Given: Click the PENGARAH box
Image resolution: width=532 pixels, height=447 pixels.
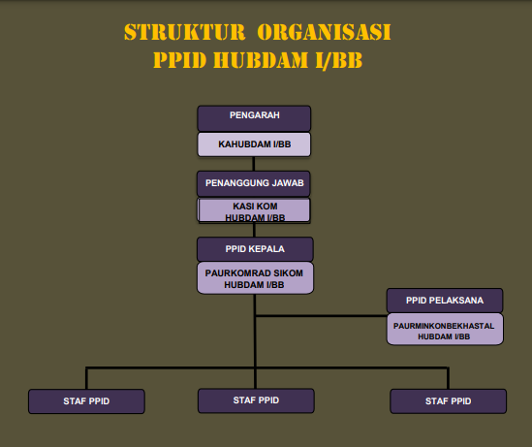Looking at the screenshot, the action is tap(254, 118).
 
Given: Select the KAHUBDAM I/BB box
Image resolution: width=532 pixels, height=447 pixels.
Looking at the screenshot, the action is tap(254, 144).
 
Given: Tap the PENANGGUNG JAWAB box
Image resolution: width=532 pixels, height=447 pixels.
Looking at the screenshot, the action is tap(254, 183).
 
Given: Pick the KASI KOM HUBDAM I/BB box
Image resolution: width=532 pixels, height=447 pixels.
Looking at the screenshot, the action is tap(254, 210).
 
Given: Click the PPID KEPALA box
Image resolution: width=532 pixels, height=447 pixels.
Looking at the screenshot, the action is tap(255, 249).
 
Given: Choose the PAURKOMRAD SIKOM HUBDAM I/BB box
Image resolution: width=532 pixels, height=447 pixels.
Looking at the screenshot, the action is tap(255, 278).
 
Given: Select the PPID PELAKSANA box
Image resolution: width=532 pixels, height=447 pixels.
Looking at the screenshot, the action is tap(445, 301).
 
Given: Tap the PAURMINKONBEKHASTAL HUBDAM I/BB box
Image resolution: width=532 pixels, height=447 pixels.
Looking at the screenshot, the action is tap(445, 330).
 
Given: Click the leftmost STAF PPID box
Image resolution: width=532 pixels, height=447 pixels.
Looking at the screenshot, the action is tap(86, 401).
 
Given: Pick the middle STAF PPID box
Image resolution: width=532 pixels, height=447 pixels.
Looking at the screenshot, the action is tap(256, 400).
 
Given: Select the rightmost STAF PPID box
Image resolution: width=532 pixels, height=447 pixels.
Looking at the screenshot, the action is tap(449, 401).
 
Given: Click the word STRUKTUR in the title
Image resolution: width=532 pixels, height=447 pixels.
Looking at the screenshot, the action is tap(184, 32).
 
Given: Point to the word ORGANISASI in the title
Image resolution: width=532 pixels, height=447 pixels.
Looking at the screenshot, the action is tap(324, 32).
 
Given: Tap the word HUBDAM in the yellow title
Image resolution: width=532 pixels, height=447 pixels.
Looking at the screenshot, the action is tap(261, 60).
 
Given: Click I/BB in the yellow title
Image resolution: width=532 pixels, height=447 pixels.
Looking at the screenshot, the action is tap(338, 60).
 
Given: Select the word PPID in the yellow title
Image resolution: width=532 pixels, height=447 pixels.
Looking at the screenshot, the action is tap(180, 60).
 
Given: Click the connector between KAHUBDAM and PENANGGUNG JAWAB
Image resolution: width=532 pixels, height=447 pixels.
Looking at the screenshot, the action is tap(254, 164).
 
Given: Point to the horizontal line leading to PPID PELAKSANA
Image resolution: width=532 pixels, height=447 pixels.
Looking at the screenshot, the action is tap(321, 316).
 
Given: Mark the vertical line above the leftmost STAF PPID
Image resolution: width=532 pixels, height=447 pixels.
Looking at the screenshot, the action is tap(86, 378).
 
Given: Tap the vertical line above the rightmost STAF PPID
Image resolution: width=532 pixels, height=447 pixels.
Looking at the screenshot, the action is tap(449, 378).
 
